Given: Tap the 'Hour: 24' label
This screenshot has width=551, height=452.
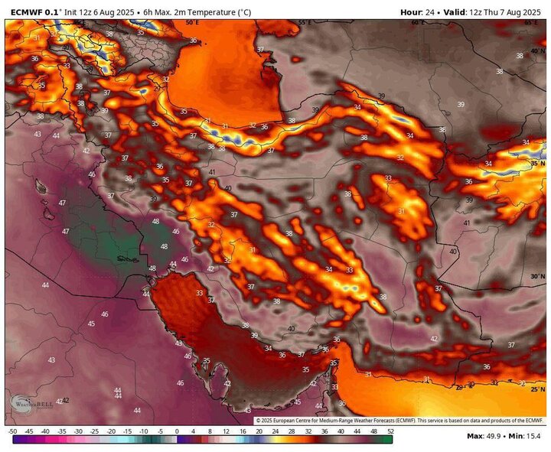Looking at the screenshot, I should pyautogui.click(x=420, y=12).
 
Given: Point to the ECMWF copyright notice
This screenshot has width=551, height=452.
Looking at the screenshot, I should pyautogui.click(x=398, y=421).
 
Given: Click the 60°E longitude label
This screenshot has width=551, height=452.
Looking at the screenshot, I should pyautogui.click(x=417, y=23).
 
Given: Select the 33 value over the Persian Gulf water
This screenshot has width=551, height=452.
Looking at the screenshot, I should pyautogui.click(x=200, y=293).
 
